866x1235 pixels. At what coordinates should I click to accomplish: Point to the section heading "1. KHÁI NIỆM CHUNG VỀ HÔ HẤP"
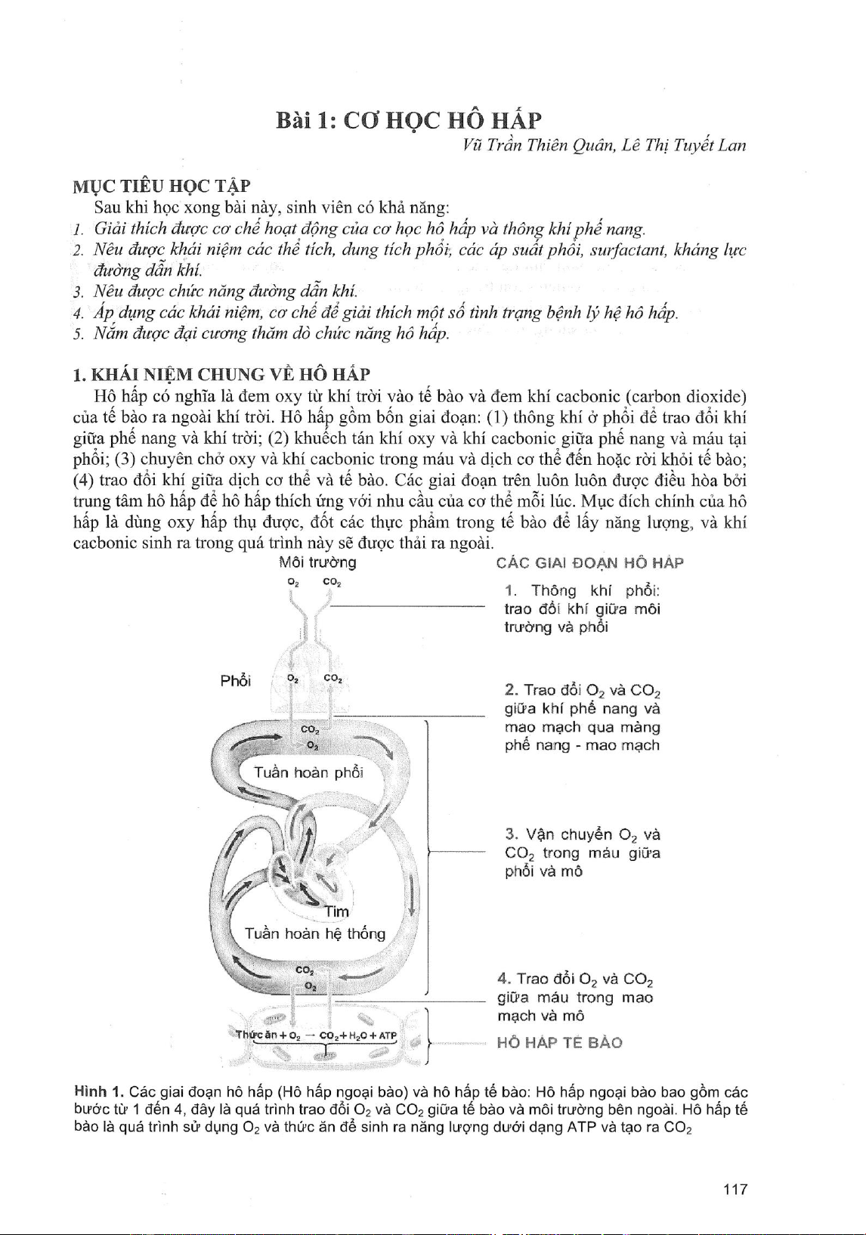click(221, 374)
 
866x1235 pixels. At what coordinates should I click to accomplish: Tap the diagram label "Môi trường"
click(317, 562)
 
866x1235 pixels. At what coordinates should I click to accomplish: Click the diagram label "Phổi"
click(235, 681)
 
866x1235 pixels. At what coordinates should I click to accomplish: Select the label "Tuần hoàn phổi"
click(308, 772)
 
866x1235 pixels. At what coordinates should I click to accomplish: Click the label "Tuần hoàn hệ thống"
click(315, 933)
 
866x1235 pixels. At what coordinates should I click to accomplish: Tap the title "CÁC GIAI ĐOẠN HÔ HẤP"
click(590, 563)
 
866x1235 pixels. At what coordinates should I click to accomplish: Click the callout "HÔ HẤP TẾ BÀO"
click(559, 1043)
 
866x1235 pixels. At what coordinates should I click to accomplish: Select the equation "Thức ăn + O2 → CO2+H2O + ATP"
click(316, 1035)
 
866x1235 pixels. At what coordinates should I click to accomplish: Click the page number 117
click(735, 1190)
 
